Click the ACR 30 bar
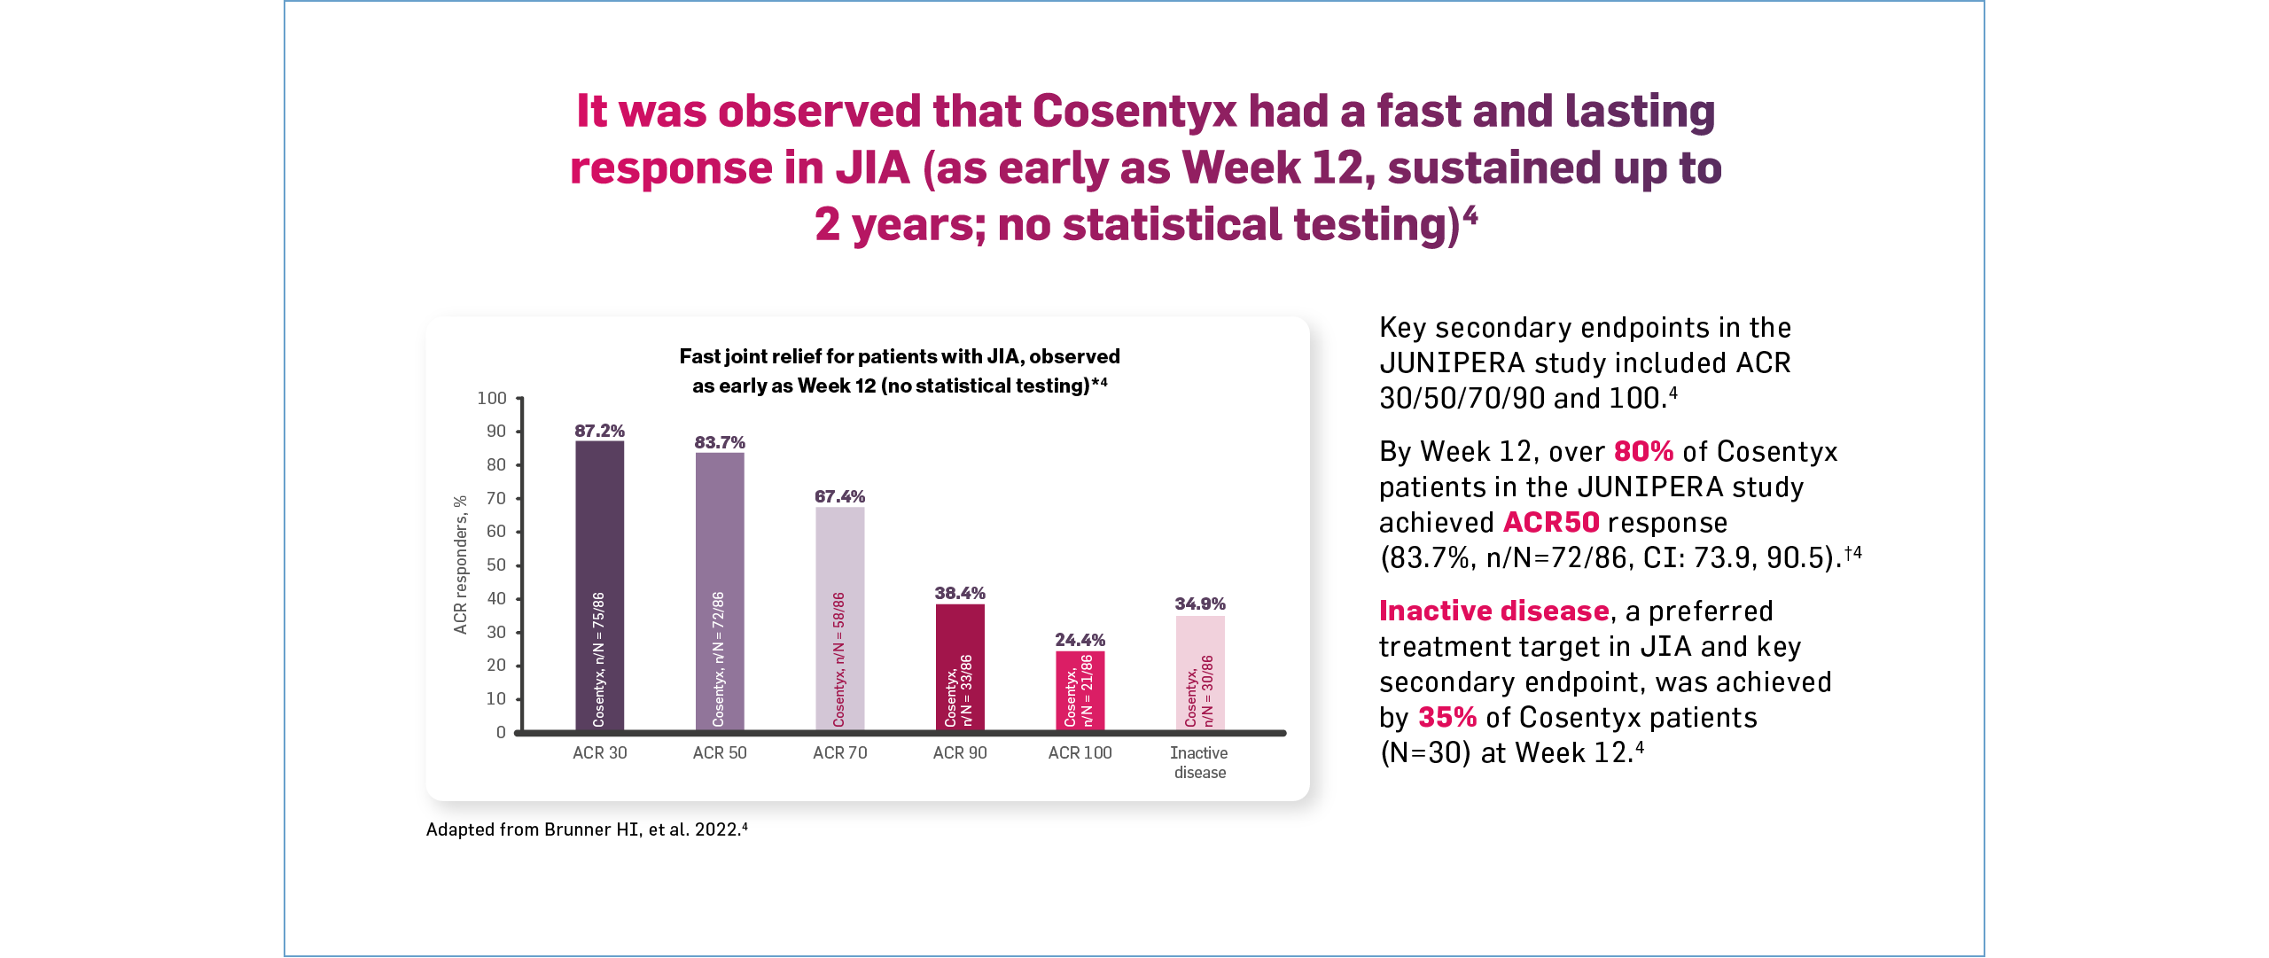(x=599, y=585)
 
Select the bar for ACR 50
(x=720, y=591)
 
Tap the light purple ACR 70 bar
(x=839, y=618)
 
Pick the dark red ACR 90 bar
(x=960, y=666)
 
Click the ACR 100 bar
(x=1080, y=690)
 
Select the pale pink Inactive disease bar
(x=1200, y=673)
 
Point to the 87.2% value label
(x=599, y=431)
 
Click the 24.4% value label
(x=1080, y=640)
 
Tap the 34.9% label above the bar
(x=1200, y=604)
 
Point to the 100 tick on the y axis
(x=492, y=399)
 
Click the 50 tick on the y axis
(x=495, y=565)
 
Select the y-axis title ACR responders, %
(x=460, y=565)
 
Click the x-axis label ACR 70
(x=839, y=752)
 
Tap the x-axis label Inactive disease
(x=1199, y=762)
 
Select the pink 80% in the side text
(x=1642, y=452)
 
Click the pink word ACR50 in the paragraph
(x=1550, y=523)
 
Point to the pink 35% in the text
(x=1446, y=718)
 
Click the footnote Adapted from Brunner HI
(x=586, y=829)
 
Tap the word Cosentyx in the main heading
(x=1134, y=112)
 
